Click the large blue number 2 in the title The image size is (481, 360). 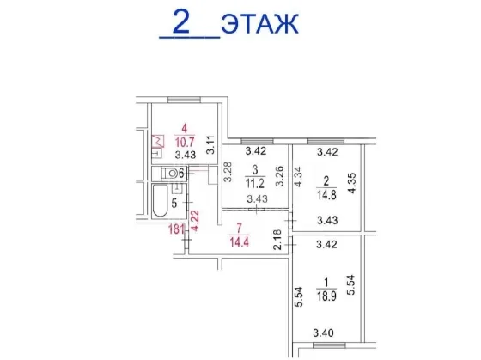pyautogui.click(x=181, y=21)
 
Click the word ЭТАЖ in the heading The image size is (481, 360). pyautogui.click(x=259, y=24)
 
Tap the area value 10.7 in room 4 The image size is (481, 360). pyautogui.click(x=185, y=142)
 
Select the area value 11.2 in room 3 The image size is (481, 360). pyautogui.click(x=255, y=184)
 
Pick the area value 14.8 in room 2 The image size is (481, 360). pyautogui.click(x=326, y=195)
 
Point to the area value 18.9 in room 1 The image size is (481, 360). pyautogui.click(x=326, y=296)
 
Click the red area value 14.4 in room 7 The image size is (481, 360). pyautogui.click(x=240, y=242)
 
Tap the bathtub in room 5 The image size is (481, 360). pyautogui.click(x=160, y=200)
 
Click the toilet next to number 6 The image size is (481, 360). pyautogui.click(x=169, y=174)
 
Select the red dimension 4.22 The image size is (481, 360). pyautogui.click(x=195, y=220)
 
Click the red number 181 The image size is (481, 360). pyautogui.click(x=176, y=229)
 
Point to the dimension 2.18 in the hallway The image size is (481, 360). pyautogui.click(x=277, y=240)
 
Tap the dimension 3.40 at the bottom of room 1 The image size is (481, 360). pyautogui.click(x=323, y=333)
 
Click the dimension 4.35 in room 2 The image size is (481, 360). pyautogui.click(x=352, y=183)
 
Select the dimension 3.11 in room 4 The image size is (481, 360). pyautogui.click(x=210, y=145)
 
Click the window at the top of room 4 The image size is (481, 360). pyautogui.click(x=184, y=100)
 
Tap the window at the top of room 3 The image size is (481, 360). pyautogui.click(x=257, y=141)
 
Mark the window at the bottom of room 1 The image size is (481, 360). pyautogui.click(x=330, y=345)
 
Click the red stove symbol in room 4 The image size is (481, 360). pyautogui.click(x=158, y=141)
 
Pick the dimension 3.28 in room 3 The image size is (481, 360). pyautogui.click(x=228, y=172)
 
